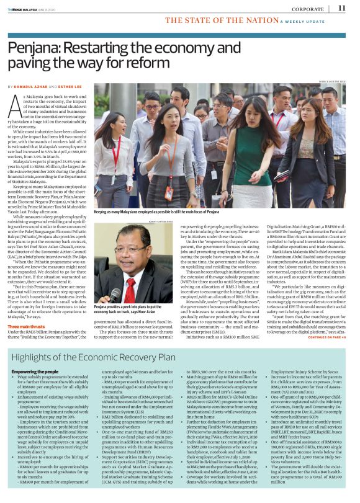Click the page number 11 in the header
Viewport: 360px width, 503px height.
341,8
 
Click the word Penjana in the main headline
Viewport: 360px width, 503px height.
34,49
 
